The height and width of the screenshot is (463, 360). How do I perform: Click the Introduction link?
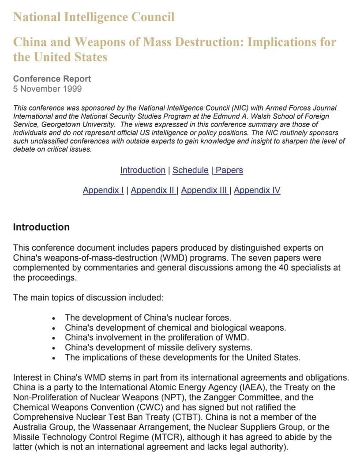142,170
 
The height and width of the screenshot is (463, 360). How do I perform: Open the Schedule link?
190,170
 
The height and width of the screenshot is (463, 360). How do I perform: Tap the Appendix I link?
103,190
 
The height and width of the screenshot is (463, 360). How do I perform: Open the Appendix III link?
204,190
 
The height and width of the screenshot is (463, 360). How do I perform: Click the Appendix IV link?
257,190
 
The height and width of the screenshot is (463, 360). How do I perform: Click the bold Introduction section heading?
41,227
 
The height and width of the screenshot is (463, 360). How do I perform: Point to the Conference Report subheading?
52,79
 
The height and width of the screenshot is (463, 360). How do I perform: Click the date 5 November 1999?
47,89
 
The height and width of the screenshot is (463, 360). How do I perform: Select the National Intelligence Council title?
94,17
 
